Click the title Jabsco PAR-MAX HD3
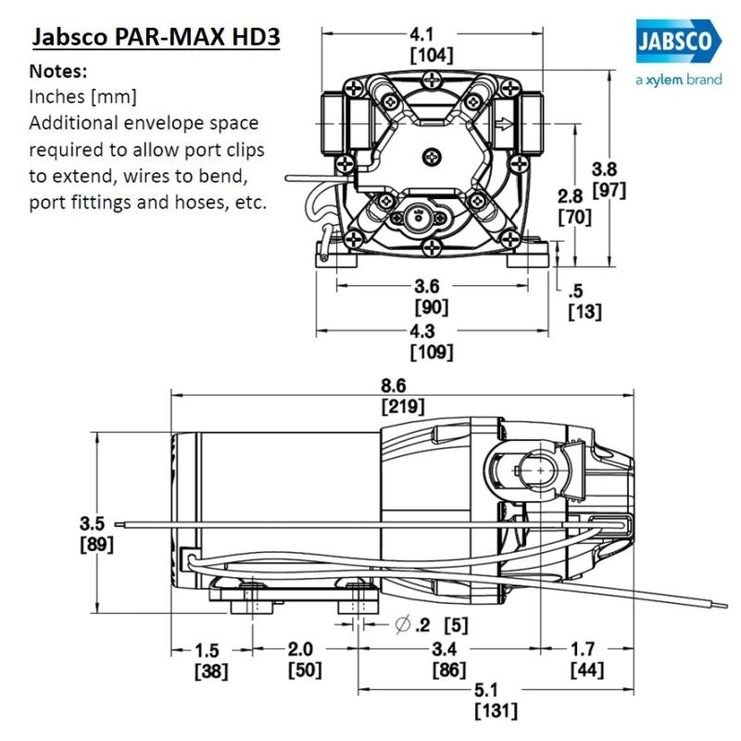(156, 40)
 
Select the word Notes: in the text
(60, 71)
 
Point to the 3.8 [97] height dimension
(610, 180)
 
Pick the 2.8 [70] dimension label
(572, 206)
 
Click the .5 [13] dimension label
(584, 301)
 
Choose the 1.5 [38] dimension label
(209, 659)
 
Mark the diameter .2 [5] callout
(431, 625)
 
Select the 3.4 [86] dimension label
(449, 659)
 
